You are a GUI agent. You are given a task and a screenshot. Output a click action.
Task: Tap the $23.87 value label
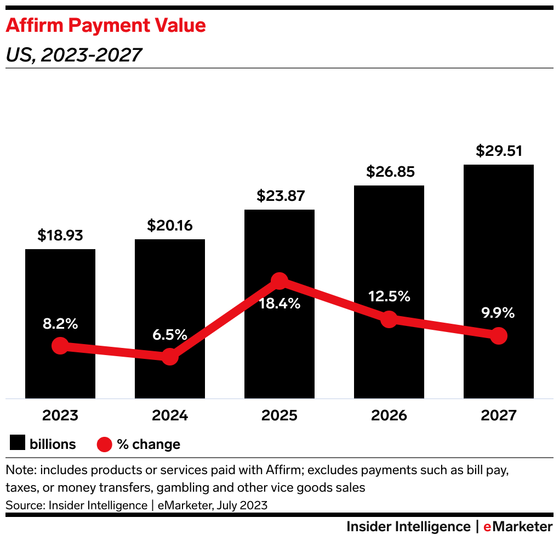click(279, 196)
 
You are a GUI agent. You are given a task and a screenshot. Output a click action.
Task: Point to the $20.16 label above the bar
click(170, 226)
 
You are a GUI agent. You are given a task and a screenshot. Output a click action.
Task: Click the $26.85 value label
click(389, 172)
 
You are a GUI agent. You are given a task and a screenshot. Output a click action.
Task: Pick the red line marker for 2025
click(279, 281)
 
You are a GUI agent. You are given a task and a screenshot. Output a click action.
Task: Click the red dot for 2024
click(170, 356)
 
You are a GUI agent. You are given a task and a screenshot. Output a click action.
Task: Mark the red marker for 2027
click(498, 335)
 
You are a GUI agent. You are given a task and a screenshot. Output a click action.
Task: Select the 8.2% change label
click(60, 324)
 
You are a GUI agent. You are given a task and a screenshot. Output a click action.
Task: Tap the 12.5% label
click(389, 296)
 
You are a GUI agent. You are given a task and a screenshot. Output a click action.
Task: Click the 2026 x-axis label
click(389, 415)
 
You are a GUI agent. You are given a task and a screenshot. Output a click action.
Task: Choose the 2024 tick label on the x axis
click(170, 415)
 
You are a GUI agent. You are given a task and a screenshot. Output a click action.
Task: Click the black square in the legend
click(18, 443)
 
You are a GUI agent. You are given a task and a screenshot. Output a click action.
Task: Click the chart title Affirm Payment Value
click(106, 25)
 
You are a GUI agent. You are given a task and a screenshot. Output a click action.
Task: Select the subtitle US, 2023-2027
click(73, 54)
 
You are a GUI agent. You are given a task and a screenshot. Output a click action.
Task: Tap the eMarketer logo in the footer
click(518, 527)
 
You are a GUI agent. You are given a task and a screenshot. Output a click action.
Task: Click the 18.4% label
click(279, 303)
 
